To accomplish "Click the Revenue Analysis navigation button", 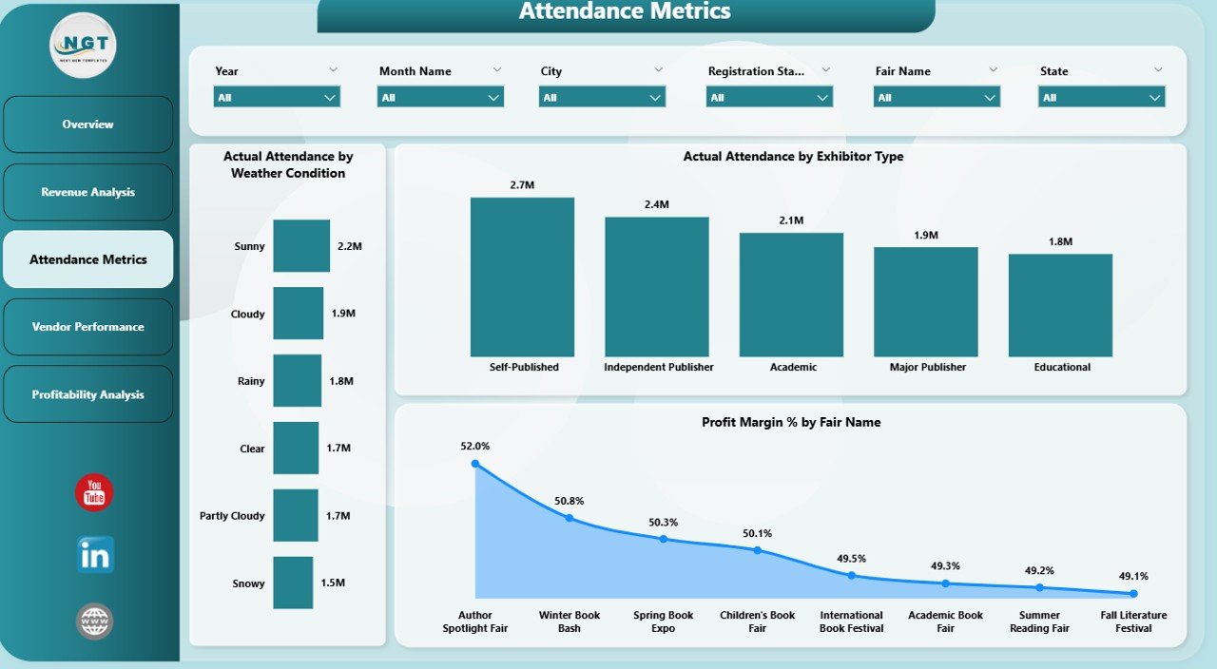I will pyautogui.click(x=88, y=192).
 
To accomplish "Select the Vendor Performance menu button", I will pyautogui.click(x=88, y=327).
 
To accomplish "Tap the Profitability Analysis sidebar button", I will pyautogui.click(x=88, y=394).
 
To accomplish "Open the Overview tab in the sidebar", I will pyautogui.click(x=88, y=124).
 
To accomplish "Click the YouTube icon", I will pyautogui.click(x=94, y=492).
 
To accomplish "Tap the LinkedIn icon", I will pyautogui.click(x=95, y=555).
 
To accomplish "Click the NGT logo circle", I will pyautogui.click(x=83, y=45).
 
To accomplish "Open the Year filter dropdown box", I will pyautogui.click(x=277, y=97).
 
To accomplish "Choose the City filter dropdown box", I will pyautogui.click(x=602, y=97).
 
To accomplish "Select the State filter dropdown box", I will pyautogui.click(x=1101, y=97).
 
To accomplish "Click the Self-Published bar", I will pyautogui.click(x=522, y=277).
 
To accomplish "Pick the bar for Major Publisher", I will pyautogui.click(x=926, y=301).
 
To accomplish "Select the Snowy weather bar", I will pyautogui.click(x=293, y=583).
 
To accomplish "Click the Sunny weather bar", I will pyautogui.click(x=301, y=246).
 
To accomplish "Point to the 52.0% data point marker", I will pyautogui.click(x=475, y=464).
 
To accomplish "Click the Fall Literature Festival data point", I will pyautogui.click(x=1133, y=594).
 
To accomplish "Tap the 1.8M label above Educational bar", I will pyautogui.click(x=1060, y=241).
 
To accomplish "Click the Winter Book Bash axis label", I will pyautogui.click(x=570, y=621).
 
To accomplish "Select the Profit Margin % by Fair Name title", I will pyautogui.click(x=791, y=422).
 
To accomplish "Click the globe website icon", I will pyautogui.click(x=95, y=621).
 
